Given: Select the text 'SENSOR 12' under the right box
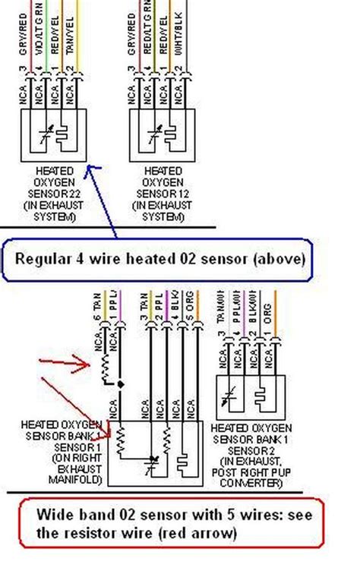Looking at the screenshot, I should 162,195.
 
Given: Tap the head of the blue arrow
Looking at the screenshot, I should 87,166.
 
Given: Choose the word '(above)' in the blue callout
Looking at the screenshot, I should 276,258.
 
